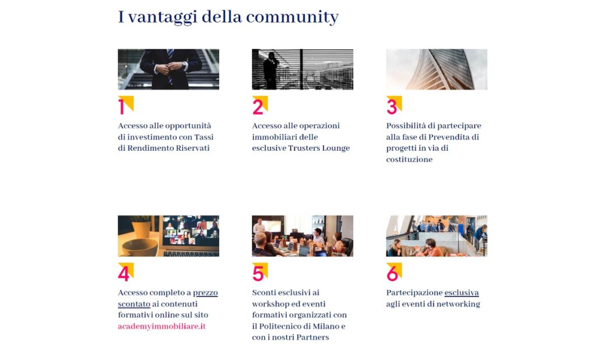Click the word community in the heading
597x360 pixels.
(292, 17)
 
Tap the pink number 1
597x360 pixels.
(121, 107)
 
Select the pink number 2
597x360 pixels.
(258, 107)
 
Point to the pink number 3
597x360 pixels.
(392, 107)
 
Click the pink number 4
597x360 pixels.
(124, 274)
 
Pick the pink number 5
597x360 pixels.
(258, 274)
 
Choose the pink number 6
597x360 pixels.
(392, 274)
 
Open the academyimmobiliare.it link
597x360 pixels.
(162, 327)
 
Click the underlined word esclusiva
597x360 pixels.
(462, 292)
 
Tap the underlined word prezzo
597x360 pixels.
(205, 293)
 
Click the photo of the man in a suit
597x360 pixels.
(168, 69)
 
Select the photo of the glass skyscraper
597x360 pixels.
(437, 69)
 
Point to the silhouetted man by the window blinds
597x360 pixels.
(271, 71)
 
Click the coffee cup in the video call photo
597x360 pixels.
(140, 247)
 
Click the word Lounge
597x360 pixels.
(335, 149)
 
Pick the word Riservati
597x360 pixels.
(192, 148)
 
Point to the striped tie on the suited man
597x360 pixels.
(171, 65)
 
